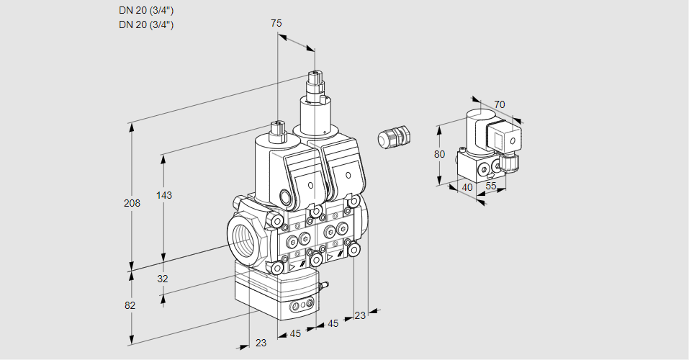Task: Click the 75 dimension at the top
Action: [276, 23]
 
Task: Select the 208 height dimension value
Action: [132, 204]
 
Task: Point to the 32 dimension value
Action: [162, 279]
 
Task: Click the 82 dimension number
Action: [130, 305]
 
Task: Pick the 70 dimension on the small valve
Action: [500, 104]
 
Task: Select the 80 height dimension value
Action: [440, 154]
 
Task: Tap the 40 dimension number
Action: [467, 187]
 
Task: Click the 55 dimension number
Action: [492, 186]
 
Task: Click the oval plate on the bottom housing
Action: [302, 308]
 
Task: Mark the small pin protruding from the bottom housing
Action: [323, 287]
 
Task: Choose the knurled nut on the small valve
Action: [510, 162]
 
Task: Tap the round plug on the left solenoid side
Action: [287, 197]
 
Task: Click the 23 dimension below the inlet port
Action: [261, 343]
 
